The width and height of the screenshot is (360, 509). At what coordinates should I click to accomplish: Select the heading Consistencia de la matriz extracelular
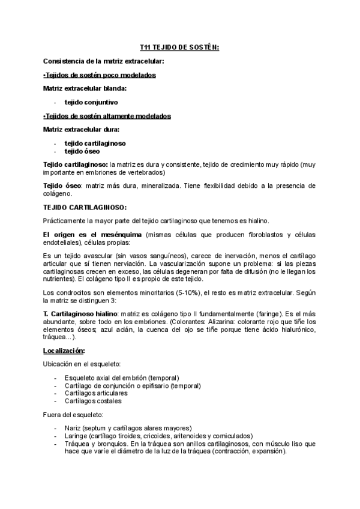(104, 61)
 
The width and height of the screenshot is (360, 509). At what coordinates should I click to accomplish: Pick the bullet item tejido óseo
(83, 151)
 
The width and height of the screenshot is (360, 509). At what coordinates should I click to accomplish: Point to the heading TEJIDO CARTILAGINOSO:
(85, 207)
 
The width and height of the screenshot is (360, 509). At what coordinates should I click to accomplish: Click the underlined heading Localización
(64, 350)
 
